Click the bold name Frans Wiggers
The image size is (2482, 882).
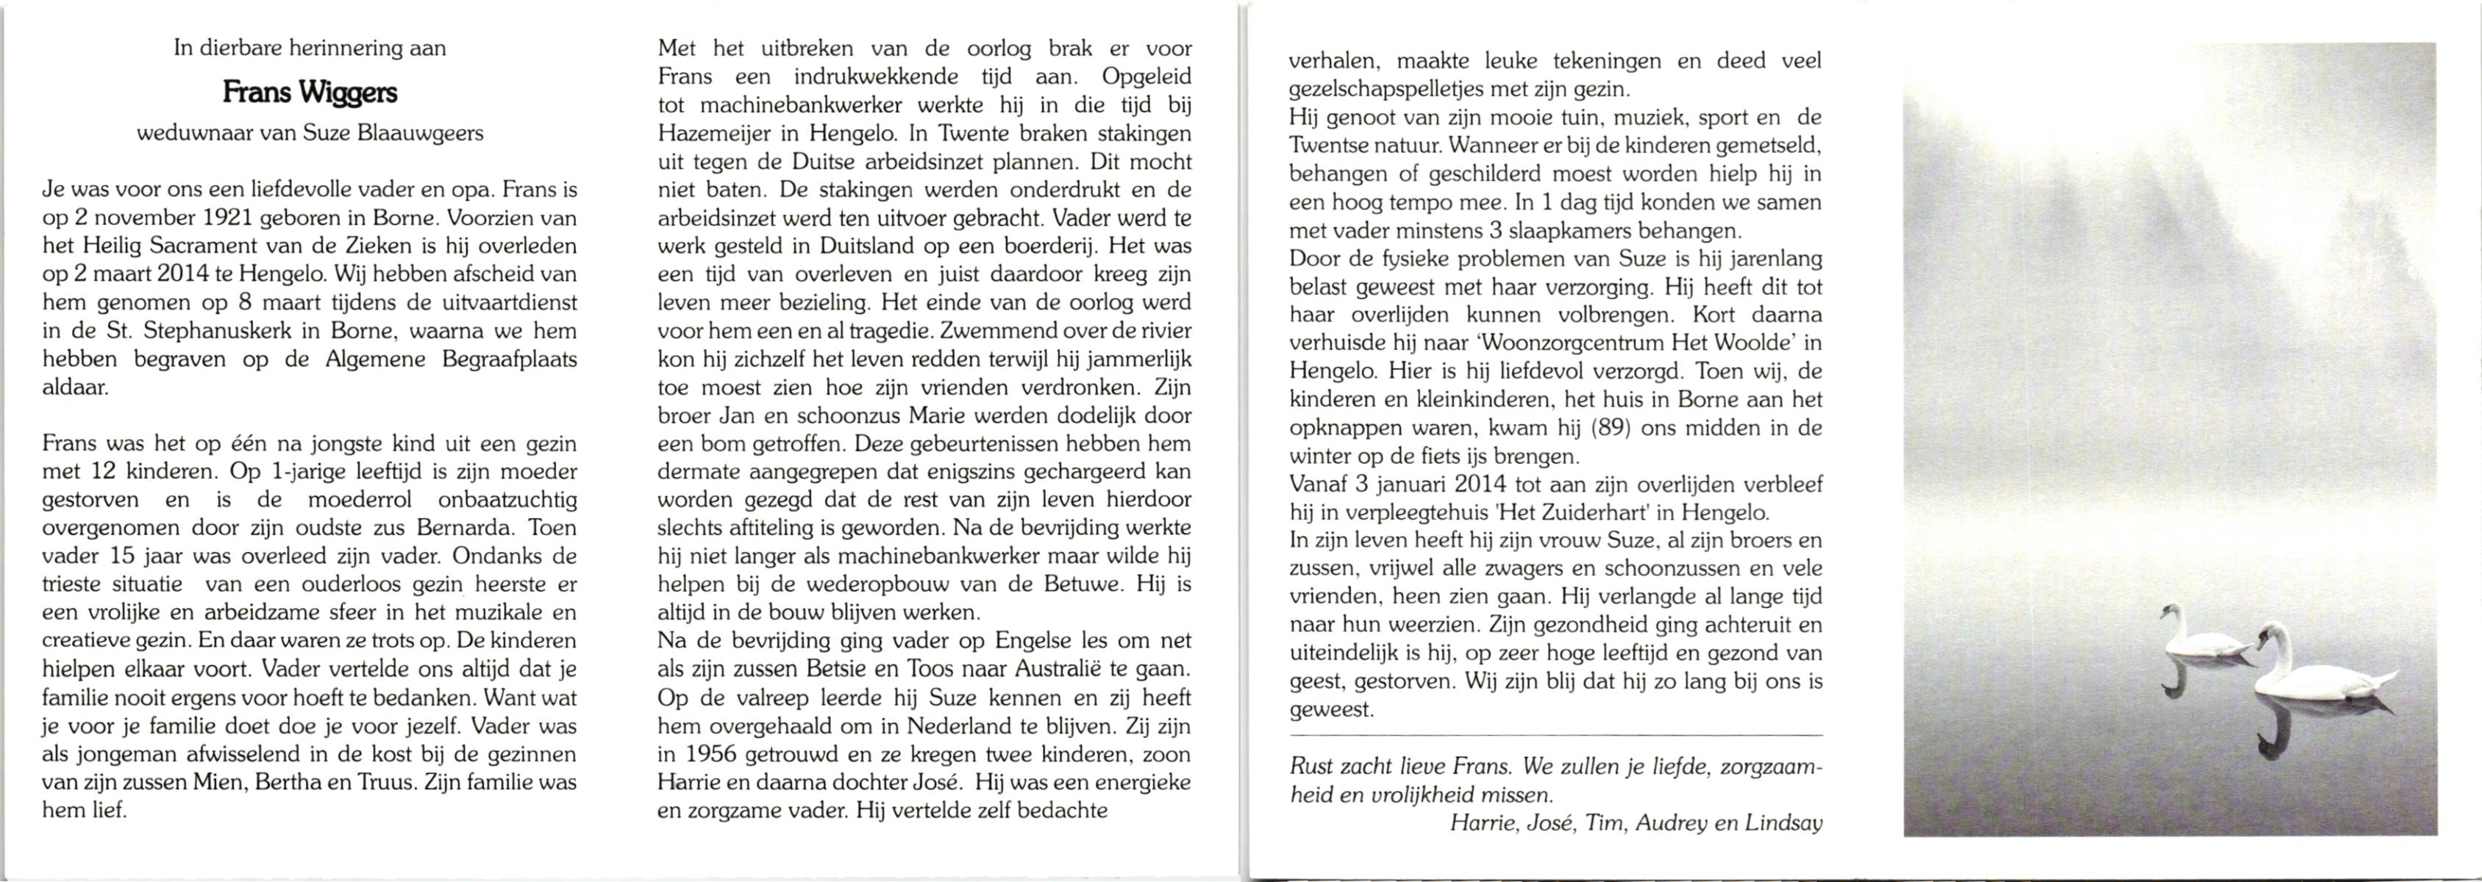pyautogui.click(x=310, y=93)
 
